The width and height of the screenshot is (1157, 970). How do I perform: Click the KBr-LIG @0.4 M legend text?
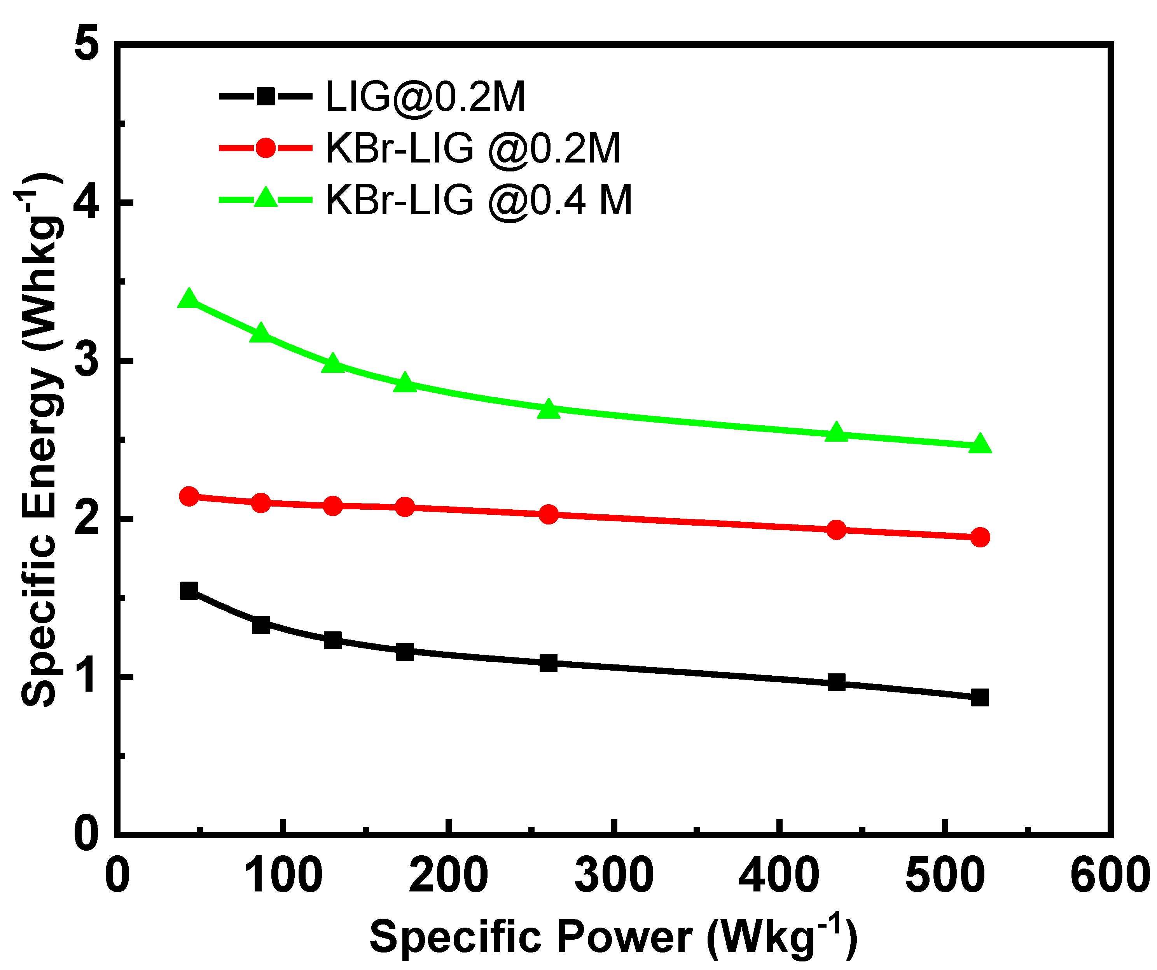pyautogui.click(x=478, y=199)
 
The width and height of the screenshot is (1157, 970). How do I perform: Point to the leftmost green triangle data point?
pyautogui.click(x=189, y=299)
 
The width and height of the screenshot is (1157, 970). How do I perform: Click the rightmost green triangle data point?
pyautogui.click(x=980, y=444)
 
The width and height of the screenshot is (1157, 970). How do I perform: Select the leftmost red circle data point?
pyautogui.click(x=189, y=497)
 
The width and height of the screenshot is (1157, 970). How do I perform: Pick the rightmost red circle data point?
pyautogui.click(x=980, y=537)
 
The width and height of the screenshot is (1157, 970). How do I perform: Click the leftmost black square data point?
pyautogui.click(x=189, y=591)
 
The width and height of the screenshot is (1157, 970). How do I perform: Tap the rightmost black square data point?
pyautogui.click(x=980, y=698)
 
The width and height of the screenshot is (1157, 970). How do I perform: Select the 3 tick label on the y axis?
pyautogui.click(x=86, y=361)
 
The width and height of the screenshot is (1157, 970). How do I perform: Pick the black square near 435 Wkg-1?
pyautogui.click(x=836, y=682)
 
